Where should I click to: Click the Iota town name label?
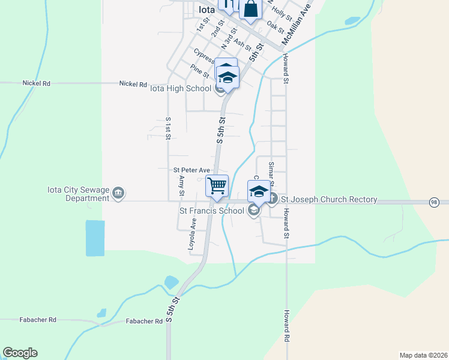pyautogui.click(x=206, y=9)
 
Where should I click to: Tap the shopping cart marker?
pyautogui.click(x=217, y=185)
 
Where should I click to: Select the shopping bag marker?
pyautogui.click(x=251, y=10)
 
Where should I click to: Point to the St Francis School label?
pyautogui.click(x=212, y=211)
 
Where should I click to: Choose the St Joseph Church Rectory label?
pyautogui.click(x=329, y=200)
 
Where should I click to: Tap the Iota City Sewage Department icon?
pyautogui.click(x=119, y=193)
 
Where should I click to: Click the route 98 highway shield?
pyautogui.click(x=434, y=203)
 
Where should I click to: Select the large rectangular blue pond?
pyautogui.click(x=95, y=238)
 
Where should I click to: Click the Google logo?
pyautogui.click(x=20, y=353)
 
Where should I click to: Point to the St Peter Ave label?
pyautogui.click(x=191, y=170)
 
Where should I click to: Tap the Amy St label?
pyautogui.click(x=181, y=185)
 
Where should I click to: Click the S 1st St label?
pyautogui.click(x=168, y=128)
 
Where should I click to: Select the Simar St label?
pyautogui.click(x=271, y=171)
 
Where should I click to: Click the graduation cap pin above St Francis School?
pyautogui.click(x=259, y=191)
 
